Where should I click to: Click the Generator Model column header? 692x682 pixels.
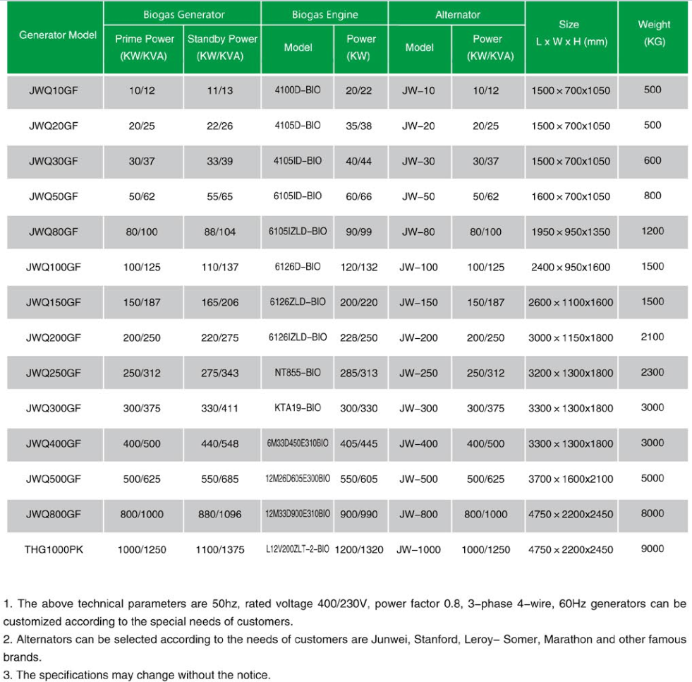pyautogui.click(x=57, y=35)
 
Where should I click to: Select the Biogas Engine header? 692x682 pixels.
pyautogui.click(x=324, y=15)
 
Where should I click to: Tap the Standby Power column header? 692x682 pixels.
pyautogui.click(x=222, y=47)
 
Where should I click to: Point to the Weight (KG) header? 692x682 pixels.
pyautogui.click(x=653, y=33)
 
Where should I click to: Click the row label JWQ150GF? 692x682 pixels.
pyautogui.click(x=54, y=302)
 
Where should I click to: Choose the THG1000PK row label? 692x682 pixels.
pyautogui.click(x=54, y=549)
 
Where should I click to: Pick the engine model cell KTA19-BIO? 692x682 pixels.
pyautogui.click(x=298, y=408)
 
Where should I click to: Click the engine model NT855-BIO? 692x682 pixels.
pyautogui.click(x=298, y=373)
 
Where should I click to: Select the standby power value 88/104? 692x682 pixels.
pyautogui.click(x=220, y=232)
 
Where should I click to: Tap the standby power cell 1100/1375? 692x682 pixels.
pyautogui.click(x=220, y=549)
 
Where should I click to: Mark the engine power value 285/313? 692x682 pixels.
pyautogui.click(x=359, y=373)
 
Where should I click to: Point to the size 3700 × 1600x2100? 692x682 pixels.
pyautogui.click(x=571, y=479)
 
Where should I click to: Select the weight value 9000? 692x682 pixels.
pyautogui.click(x=652, y=549)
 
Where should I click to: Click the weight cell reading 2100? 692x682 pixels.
pyautogui.click(x=652, y=337)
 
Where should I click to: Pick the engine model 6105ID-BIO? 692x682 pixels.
pyautogui.click(x=298, y=196)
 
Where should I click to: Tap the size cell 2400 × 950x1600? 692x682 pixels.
pyautogui.click(x=571, y=267)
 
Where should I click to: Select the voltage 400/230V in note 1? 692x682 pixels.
pyautogui.click(x=336, y=604)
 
